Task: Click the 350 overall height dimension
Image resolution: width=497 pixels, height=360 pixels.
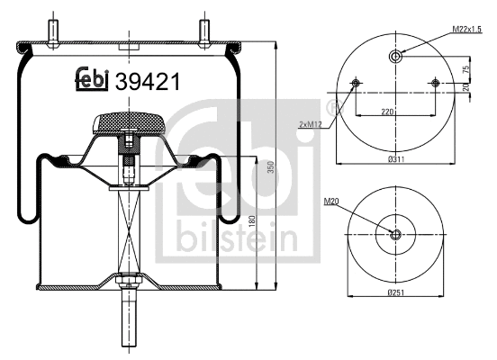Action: tap(271, 167)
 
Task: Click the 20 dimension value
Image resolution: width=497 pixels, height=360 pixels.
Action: tap(465, 87)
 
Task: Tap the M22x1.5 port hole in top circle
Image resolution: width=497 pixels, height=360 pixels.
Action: tap(395, 58)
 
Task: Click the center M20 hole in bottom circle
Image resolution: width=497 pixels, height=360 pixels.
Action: tap(394, 235)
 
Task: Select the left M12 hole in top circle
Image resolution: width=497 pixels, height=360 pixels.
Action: tap(356, 84)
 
